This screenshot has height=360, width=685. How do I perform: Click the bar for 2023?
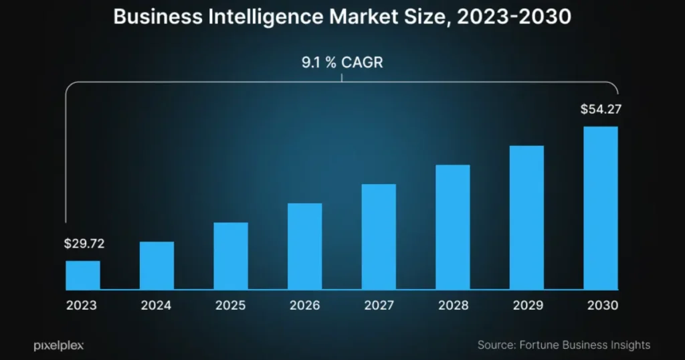[x=82, y=275]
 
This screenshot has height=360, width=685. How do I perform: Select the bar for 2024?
[x=157, y=266]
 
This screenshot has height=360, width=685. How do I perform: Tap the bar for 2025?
[x=231, y=256]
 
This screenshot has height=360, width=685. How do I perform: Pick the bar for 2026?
[x=305, y=246]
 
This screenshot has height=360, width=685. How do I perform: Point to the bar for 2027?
[x=379, y=237]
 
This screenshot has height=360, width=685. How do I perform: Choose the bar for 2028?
[x=453, y=227]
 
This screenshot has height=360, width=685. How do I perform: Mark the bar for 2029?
[x=526, y=217]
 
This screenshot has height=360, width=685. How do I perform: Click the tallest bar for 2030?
[x=601, y=207]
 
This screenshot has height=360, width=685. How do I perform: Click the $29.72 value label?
[x=84, y=244]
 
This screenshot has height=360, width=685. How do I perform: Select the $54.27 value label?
[x=599, y=109]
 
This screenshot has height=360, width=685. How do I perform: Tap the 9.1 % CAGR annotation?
[x=342, y=64]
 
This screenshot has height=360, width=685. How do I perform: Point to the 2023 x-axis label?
[x=82, y=306]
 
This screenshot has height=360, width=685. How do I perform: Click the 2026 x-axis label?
[x=304, y=306]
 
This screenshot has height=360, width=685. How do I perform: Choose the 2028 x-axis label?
[x=453, y=306]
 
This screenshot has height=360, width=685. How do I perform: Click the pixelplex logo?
[x=58, y=345]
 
